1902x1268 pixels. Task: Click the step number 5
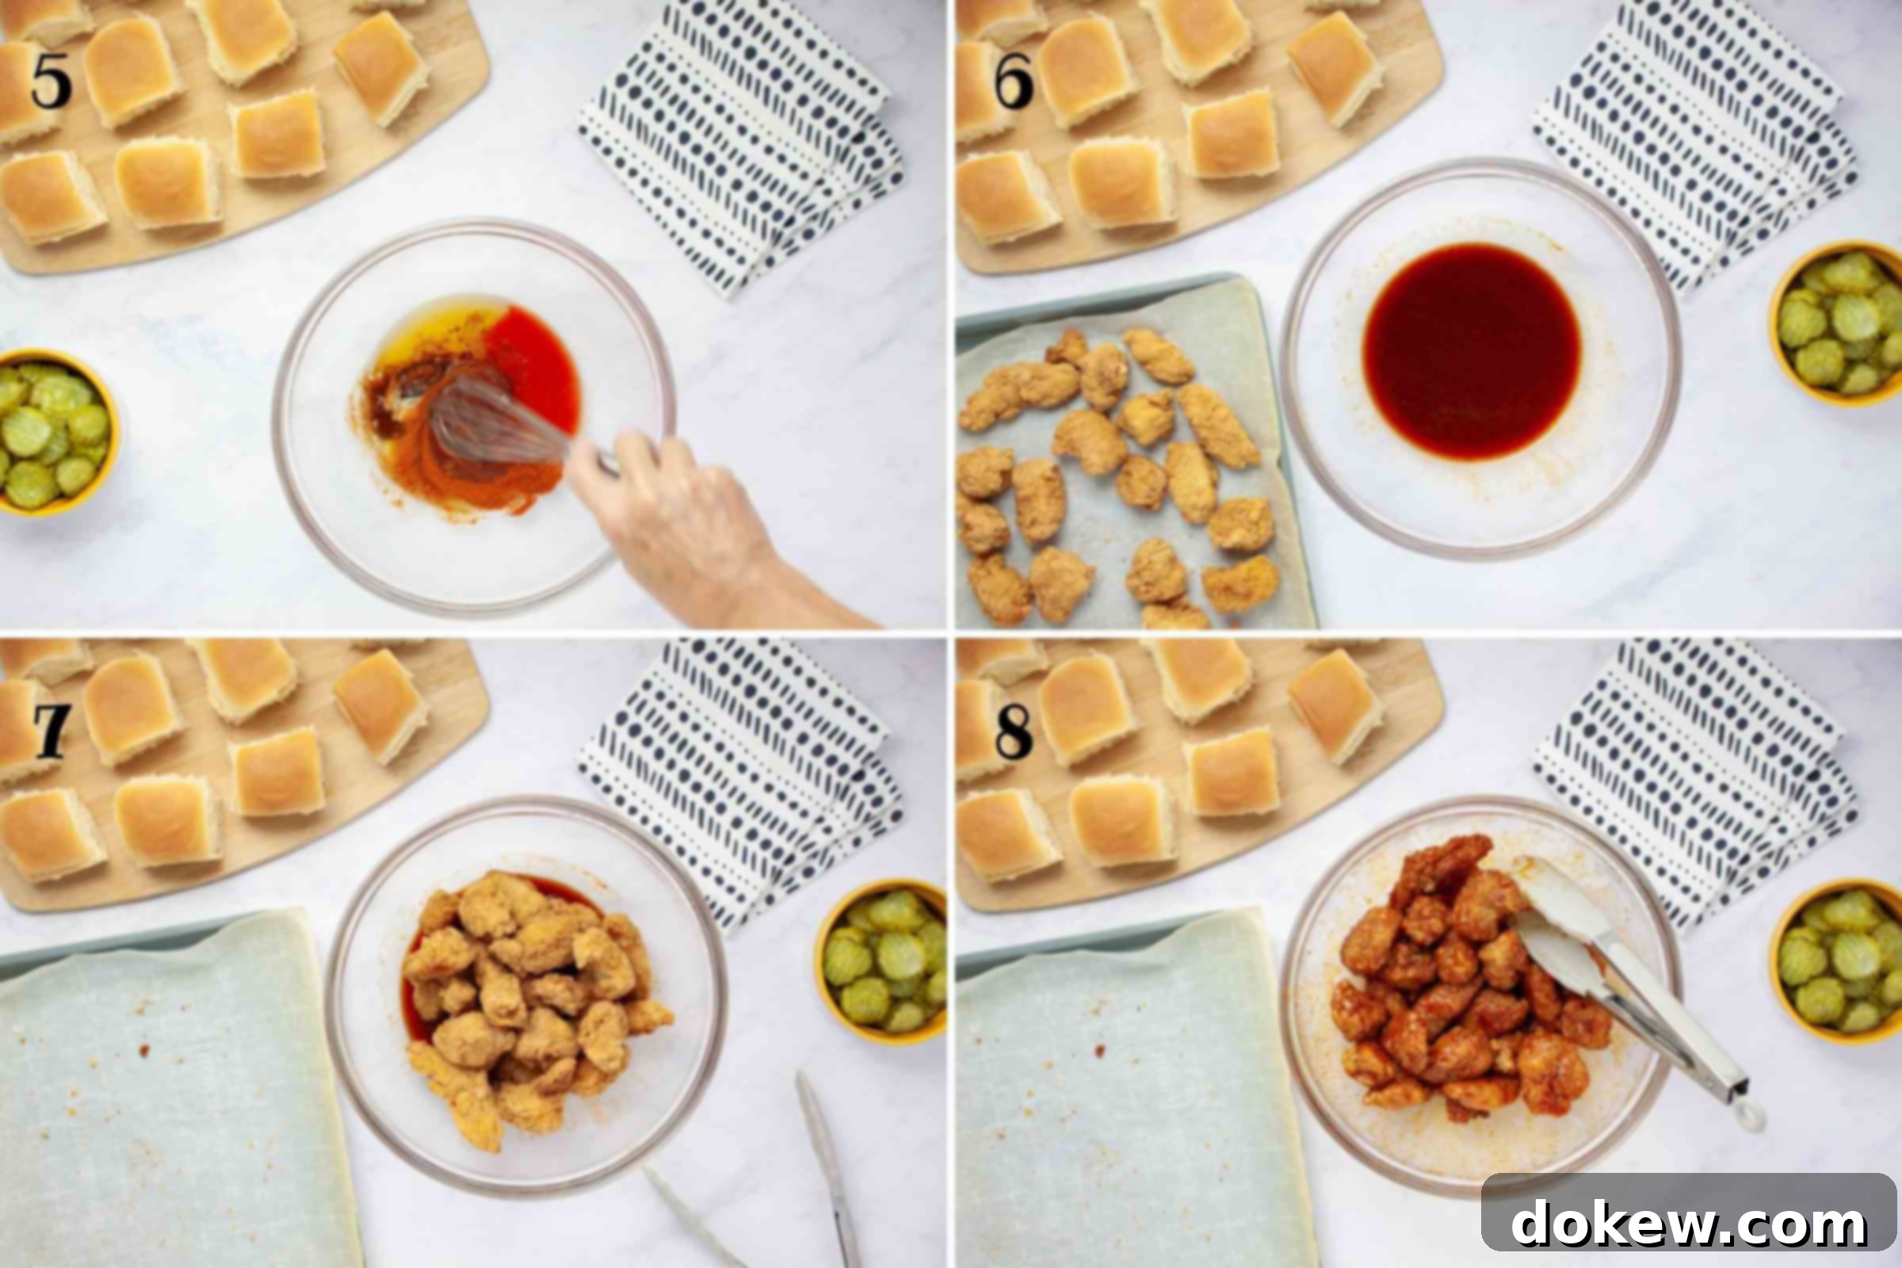[51, 82]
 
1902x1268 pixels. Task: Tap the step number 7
[51, 731]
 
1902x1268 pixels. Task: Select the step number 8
[1014, 731]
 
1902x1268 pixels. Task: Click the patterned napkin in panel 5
[740, 146]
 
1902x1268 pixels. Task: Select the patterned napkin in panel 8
[1694, 781]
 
